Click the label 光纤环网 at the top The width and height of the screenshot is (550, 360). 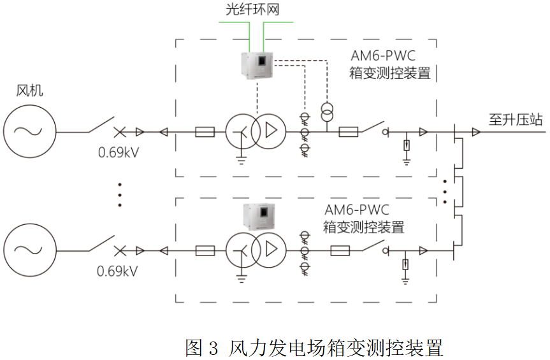pyautogui.click(x=252, y=10)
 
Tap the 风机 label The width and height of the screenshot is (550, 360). pyautogui.click(x=29, y=90)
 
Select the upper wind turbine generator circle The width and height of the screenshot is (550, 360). pyautogui.click(x=29, y=131)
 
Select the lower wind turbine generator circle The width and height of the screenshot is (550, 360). pyautogui.click(x=29, y=250)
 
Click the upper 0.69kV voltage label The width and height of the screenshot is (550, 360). pyautogui.click(x=119, y=152)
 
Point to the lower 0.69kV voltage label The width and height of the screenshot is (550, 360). pyautogui.click(x=117, y=271)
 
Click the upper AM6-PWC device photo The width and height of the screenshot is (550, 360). pyautogui.click(x=257, y=65)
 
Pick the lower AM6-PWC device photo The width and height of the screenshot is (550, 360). pyautogui.click(x=259, y=217)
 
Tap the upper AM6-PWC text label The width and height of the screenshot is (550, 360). pyautogui.click(x=383, y=55)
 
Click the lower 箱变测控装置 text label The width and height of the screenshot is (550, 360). pyautogui.click(x=363, y=227)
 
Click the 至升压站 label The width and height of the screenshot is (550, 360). pyautogui.click(x=516, y=120)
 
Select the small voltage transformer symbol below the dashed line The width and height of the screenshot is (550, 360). pyautogui.click(x=327, y=112)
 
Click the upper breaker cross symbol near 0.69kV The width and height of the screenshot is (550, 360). pyautogui.click(x=120, y=132)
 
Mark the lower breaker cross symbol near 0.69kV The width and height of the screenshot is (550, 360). pyautogui.click(x=120, y=250)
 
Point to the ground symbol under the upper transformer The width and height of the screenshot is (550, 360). pyautogui.click(x=242, y=161)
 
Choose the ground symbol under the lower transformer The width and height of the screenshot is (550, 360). pyautogui.click(x=242, y=279)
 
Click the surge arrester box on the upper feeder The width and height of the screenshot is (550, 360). pyautogui.click(x=406, y=145)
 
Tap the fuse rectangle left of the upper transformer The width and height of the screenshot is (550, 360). pyautogui.click(x=205, y=132)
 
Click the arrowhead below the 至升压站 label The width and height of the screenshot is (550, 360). pyautogui.click(x=476, y=132)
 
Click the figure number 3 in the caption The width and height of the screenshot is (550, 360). pyautogui.click(x=213, y=348)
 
